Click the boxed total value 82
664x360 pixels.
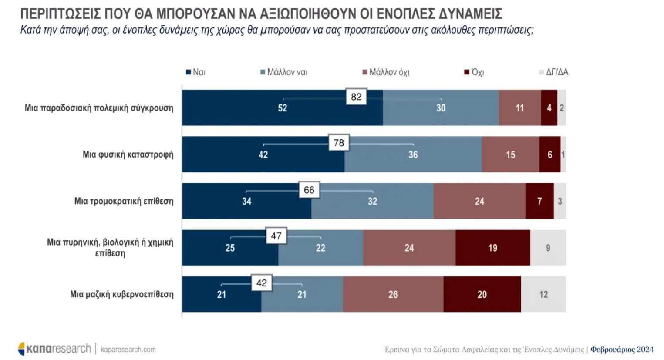356,97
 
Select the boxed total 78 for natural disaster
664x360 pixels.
339,143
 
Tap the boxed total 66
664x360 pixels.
309,190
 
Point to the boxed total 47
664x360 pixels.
276,236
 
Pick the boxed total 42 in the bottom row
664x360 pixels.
262,283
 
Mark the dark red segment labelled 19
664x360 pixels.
492,248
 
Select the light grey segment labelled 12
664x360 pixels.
543,294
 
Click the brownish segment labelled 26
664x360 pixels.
393,294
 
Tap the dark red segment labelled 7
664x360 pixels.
539,201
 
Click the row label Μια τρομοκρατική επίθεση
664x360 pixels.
124,201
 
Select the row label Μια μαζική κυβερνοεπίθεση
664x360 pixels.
121,294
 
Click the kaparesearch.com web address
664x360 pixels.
128,350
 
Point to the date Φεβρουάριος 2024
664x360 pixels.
622,350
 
